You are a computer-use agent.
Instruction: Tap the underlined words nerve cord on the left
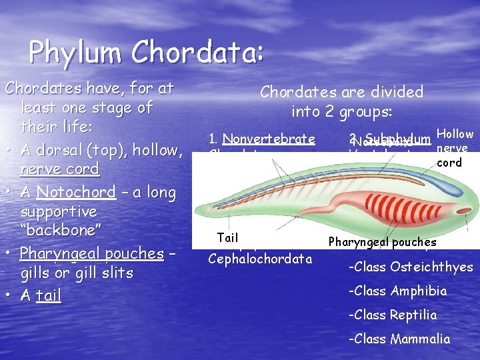(x=59, y=169)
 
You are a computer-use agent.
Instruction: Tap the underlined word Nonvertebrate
(x=269, y=139)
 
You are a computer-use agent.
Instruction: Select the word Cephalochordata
(x=260, y=258)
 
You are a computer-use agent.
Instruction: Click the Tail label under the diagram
(x=227, y=238)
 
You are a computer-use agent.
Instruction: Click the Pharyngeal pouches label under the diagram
(x=382, y=243)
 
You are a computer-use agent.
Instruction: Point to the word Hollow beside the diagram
(x=456, y=135)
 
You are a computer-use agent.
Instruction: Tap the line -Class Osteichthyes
(x=410, y=267)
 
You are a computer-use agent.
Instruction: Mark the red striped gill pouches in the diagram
(x=410, y=207)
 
